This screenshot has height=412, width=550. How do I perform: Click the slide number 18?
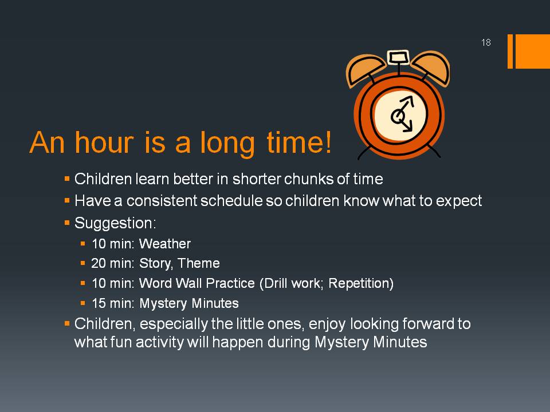pyautogui.click(x=486, y=42)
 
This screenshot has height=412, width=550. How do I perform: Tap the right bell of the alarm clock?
pyautogui.click(x=431, y=68)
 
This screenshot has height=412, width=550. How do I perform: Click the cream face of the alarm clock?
pyautogui.click(x=400, y=115)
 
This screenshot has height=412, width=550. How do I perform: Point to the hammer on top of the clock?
pyautogui.click(x=399, y=57)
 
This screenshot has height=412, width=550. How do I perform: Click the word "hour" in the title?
pyautogui.click(x=104, y=142)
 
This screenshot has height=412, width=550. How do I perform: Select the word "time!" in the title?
pyautogui.click(x=299, y=142)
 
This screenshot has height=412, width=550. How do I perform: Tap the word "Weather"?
pyautogui.click(x=165, y=244)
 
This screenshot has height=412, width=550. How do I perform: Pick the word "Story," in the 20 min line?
pyautogui.click(x=156, y=264)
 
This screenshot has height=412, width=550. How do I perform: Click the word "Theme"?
pyautogui.click(x=199, y=263)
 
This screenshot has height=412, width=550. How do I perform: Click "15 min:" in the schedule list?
pyautogui.click(x=113, y=303)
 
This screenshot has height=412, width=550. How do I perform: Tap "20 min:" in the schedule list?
pyautogui.click(x=113, y=263)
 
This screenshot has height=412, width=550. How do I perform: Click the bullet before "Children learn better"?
pyautogui.click(x=67, y=179)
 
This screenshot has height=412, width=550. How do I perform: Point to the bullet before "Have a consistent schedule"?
pyautogui.click(x=67, y=201)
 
